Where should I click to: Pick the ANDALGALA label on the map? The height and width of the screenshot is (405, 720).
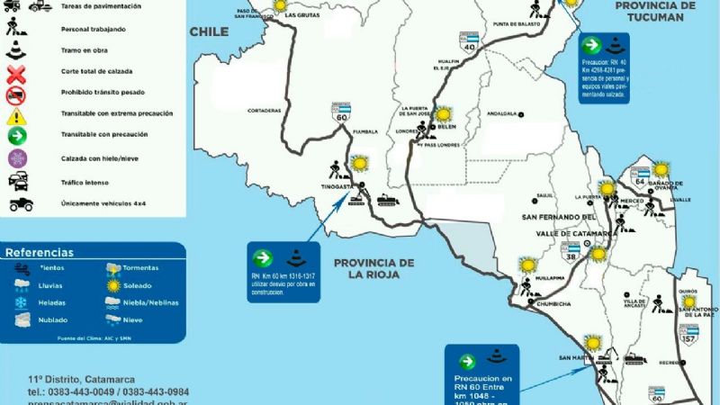[504, 114]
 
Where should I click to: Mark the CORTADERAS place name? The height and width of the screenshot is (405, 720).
[265, 111]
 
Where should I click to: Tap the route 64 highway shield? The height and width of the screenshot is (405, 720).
[642, 175]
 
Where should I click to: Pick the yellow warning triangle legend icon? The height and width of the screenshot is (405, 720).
[15, 115]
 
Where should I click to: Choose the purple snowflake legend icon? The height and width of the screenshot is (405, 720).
[15, 158]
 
